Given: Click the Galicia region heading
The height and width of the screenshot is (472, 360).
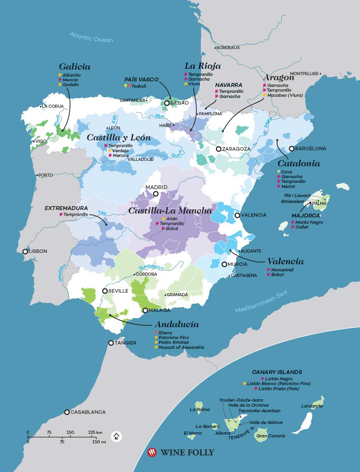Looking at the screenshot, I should click(75, 66).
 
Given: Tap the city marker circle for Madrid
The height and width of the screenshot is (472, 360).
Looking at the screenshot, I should click(156, 194).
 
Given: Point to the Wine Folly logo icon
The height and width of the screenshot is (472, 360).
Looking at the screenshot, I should click(152, 452).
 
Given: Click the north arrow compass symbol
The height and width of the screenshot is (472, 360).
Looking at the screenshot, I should click(116, 436).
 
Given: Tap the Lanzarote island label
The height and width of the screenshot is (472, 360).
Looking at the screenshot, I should click(312, 406).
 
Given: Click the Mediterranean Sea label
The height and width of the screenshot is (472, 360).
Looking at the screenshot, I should click(261, 302).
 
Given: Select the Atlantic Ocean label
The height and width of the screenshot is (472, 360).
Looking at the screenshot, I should click(91, 37).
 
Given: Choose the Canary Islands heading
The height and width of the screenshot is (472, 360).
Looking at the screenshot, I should click(277, 372).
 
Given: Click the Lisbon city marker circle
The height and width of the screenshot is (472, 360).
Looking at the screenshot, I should click(26, 251).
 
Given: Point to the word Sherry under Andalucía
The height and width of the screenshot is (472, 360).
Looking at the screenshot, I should click(165, 333).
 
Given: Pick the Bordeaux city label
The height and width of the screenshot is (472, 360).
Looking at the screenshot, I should click(228, 48).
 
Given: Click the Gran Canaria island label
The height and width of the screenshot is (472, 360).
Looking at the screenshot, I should click(270, 436).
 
